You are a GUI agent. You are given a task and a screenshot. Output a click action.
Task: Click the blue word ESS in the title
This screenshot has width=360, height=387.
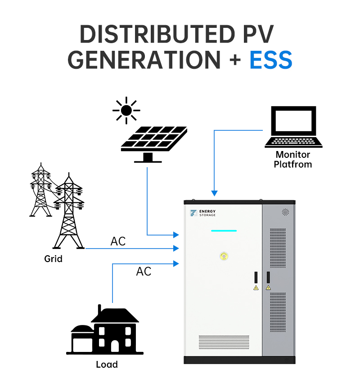[270, 60]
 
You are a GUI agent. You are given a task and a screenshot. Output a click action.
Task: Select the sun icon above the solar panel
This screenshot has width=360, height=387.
[126, 110]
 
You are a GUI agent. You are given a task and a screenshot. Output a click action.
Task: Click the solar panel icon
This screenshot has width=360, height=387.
[154, 140]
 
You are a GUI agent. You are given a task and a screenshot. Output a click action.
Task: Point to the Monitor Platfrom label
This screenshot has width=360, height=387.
[293, 160]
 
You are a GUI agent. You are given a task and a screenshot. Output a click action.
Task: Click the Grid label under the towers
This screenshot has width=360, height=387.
[53, 259]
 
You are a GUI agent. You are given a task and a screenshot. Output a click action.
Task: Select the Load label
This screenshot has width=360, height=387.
[107, 364]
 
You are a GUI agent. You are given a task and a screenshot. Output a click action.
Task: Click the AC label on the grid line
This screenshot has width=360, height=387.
[118, 241]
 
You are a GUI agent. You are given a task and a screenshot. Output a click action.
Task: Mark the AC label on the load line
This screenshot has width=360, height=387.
[144, 271]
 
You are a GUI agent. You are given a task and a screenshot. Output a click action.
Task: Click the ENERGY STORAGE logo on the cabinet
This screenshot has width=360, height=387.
[203, 213]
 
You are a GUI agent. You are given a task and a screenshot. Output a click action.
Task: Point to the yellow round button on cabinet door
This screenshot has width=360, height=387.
[224, 256]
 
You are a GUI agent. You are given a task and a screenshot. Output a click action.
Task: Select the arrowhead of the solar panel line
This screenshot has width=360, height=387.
[176, 235]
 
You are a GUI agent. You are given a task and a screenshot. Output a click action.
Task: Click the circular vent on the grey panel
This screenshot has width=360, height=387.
[285, 212]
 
